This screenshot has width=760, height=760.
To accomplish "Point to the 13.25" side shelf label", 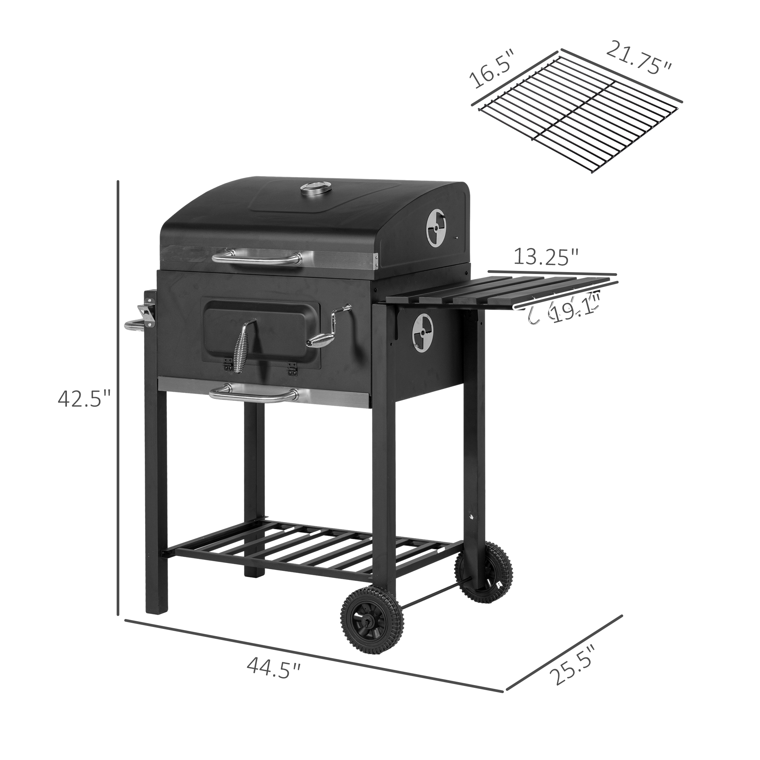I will coord(546,258).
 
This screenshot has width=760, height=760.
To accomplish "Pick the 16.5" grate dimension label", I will coord(492,74).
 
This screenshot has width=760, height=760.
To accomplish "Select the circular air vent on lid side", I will coord(437,228).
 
